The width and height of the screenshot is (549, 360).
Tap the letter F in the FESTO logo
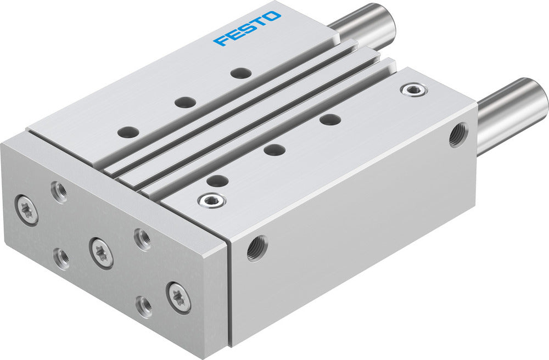[x=220, y=41]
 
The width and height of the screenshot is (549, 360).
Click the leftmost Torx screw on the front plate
[x=27, y=209]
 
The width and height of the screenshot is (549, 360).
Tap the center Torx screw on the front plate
[x=102, y=253]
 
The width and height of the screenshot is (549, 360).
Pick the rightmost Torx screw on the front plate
[x=179, y=297]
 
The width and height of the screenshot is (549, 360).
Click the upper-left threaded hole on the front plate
[x=59, y=191]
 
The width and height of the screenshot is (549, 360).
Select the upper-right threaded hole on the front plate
[x=143, y=239]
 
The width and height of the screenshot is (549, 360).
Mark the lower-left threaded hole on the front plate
[x=61, y=258]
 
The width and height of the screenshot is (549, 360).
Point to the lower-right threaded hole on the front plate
[x=145, y=306]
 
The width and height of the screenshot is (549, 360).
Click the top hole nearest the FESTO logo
[x=240, y=72]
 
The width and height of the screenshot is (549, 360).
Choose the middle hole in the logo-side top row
[x=186, y=102]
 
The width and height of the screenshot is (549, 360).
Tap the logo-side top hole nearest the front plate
[x=128, y=132]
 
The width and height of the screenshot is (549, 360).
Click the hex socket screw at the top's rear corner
[x=413, y=90]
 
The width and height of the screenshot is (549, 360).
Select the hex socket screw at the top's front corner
[x=211, y=200]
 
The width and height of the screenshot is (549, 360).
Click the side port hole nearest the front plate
[x=257, y=248]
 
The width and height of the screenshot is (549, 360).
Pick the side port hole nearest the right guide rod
[x=458, y=135]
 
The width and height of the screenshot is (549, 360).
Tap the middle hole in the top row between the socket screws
[x=274, y=149]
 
